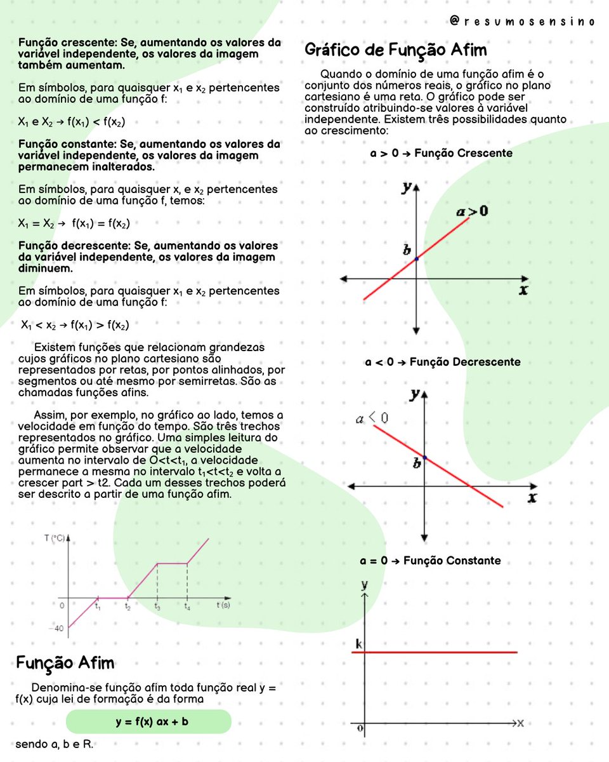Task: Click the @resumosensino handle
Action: [521, 22]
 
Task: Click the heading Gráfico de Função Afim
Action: [396, 50]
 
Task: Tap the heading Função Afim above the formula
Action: [65, 663]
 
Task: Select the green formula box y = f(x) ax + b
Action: [148, 722]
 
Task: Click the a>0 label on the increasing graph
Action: [472, 211]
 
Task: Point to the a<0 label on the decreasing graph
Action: [372, 418]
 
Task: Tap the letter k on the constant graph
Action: [358, 645]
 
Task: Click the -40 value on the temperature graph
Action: [59, 629]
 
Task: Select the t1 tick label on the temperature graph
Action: [98, 607]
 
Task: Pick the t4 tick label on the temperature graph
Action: [187, 607]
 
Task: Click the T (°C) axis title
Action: [55, 538]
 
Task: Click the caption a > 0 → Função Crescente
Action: [442, 153]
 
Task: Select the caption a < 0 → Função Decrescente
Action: [443, 362]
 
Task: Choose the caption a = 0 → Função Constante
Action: [430, 561]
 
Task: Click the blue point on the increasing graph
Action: [417, 258]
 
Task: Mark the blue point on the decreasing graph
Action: [424, 457]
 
